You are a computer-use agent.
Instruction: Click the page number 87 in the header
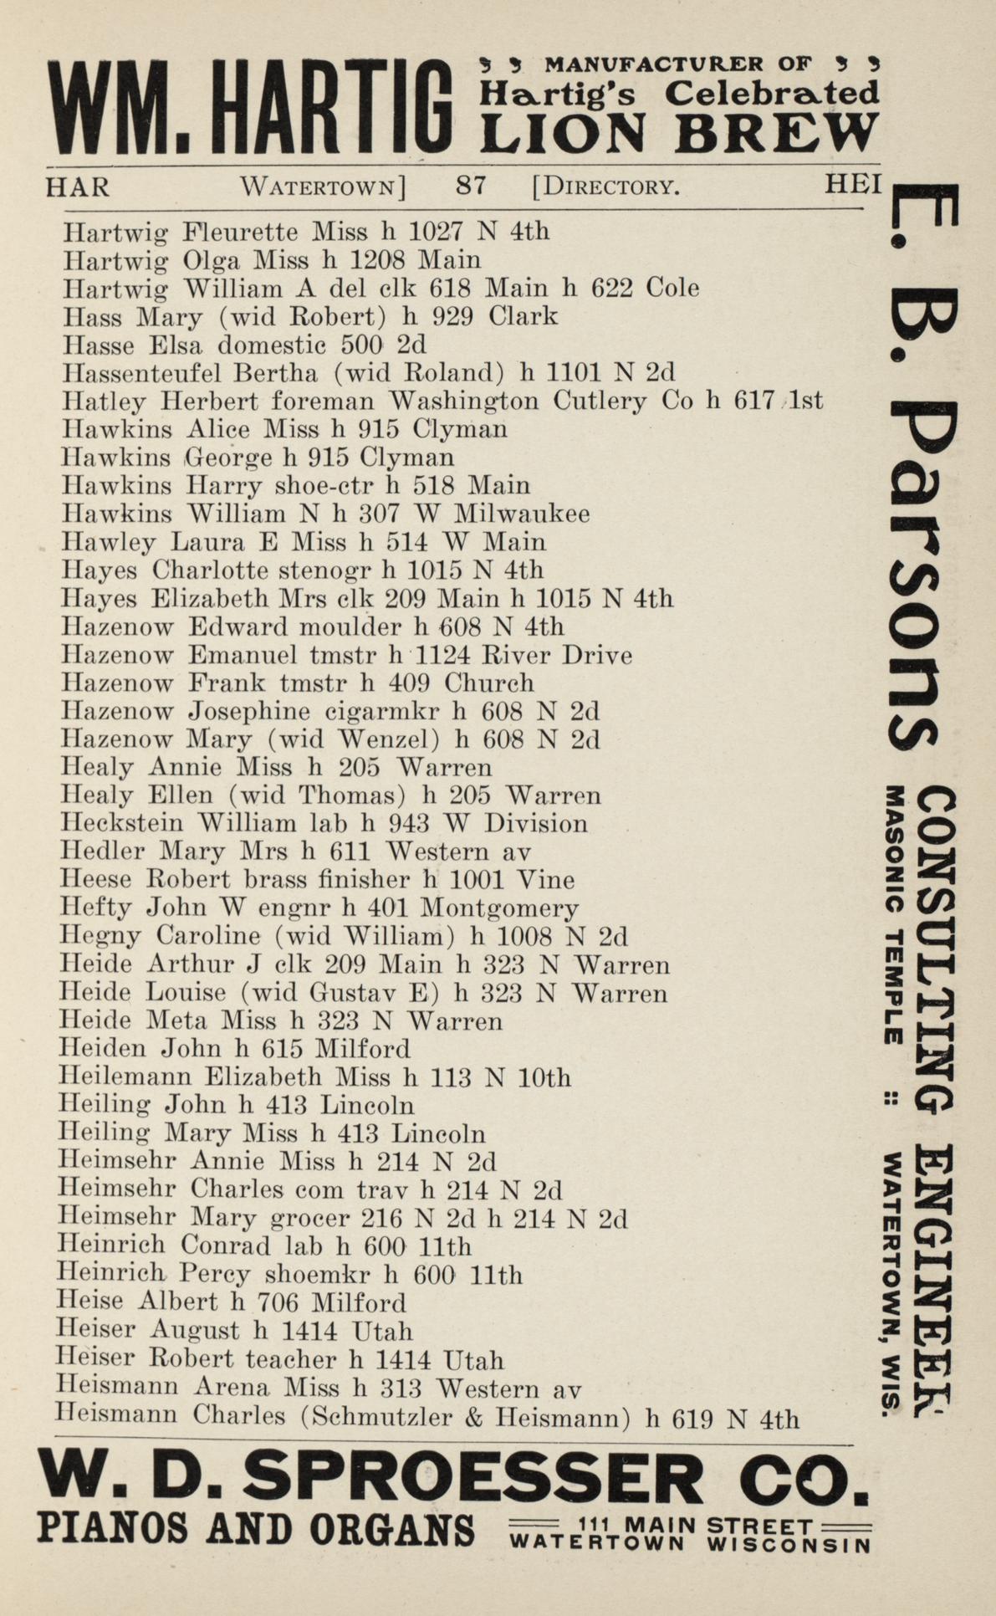[471, 185]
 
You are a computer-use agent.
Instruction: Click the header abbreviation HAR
[77, 186]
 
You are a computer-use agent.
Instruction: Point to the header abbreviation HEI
[853, 184]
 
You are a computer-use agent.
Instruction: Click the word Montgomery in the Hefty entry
[499, 908]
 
